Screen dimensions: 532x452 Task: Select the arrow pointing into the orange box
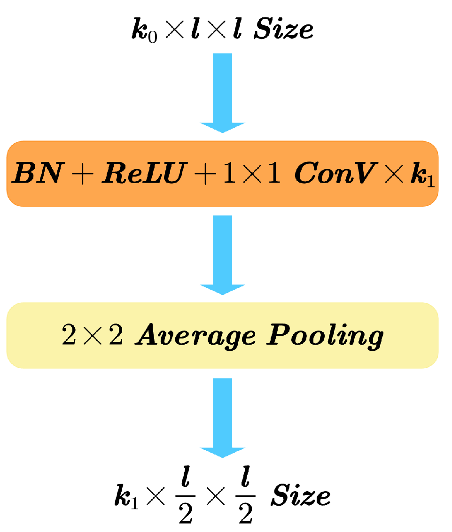coord(222,92)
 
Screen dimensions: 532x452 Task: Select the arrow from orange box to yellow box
coord(222,254)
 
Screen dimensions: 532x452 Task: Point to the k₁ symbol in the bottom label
coord(125,496)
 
